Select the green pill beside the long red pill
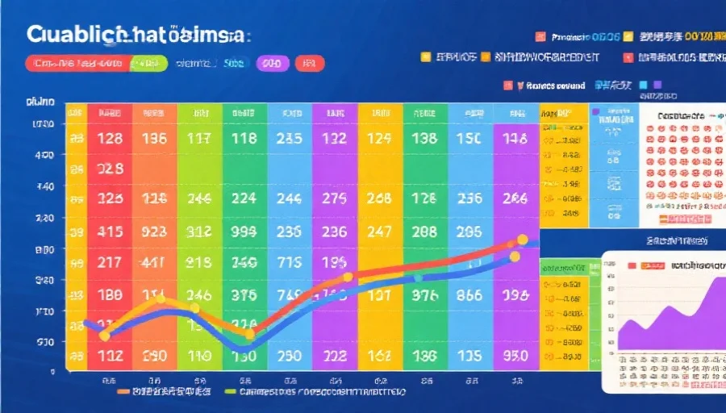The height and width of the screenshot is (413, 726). point(148,63)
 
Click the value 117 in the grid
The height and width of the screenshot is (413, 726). point(198,138)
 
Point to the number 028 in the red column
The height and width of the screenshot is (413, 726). point(110,169)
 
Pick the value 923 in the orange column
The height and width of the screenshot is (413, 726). point(154,230)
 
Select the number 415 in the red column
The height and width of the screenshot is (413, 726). point(110,230)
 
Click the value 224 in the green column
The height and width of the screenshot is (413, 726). point(244,198)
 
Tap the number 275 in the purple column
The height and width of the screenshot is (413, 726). point(333,198)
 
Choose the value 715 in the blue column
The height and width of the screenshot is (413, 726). point(289,262)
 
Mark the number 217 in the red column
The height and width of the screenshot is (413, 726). point(110,262)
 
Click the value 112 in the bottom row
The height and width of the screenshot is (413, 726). point(110,355)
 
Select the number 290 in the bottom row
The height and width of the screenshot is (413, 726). point(154,355)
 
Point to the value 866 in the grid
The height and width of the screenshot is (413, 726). point(469,294)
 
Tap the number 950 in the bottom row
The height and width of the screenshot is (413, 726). point(515,355)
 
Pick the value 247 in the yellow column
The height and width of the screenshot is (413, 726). point(378,230)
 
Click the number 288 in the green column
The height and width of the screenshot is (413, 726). point(424,230)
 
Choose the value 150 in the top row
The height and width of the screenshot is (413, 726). point(469,138)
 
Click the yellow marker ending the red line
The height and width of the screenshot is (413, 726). point(522,240)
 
